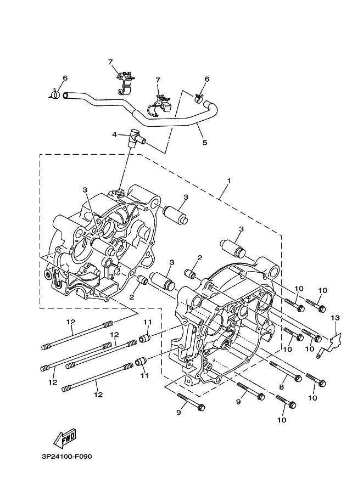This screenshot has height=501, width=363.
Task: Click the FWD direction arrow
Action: [64, 437]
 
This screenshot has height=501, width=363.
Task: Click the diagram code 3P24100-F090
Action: [66, 456]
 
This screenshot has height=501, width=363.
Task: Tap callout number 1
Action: [228, 181]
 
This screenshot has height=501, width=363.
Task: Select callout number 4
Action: [114, 134]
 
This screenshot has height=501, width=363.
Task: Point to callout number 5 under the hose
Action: [205, 143]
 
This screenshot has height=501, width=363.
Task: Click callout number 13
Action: [336, 318]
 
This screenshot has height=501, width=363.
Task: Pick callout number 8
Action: [281, 387]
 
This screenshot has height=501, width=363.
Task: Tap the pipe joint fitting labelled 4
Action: [136, 138]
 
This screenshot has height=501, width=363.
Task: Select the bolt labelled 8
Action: [286, 371]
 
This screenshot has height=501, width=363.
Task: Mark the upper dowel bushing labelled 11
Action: [145, 337]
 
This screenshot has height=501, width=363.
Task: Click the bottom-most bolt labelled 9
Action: [191, 402]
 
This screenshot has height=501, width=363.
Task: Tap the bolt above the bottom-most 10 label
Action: [286, 402]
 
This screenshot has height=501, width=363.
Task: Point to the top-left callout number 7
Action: [111, 61]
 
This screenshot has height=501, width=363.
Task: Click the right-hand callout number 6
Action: [207, 79]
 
